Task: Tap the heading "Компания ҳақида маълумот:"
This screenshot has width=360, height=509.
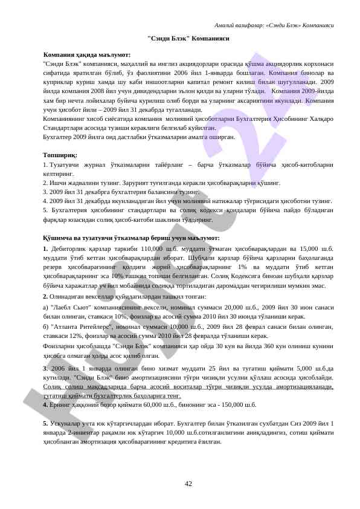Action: coord(87,55)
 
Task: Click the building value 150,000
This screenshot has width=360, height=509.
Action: coord(231,404)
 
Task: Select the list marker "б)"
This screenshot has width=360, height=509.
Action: coord(47,326)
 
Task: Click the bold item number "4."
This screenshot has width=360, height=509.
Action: coord(46,404)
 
